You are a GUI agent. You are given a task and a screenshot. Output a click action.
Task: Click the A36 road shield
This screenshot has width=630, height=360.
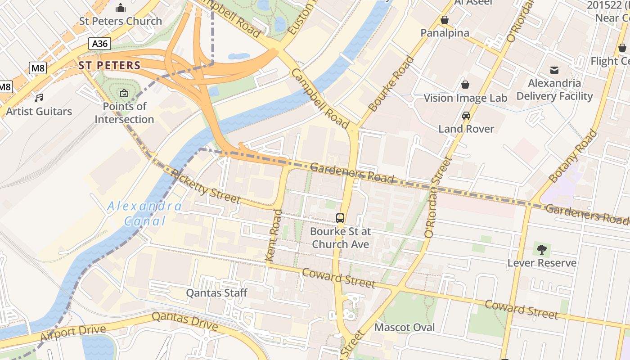[99, 44]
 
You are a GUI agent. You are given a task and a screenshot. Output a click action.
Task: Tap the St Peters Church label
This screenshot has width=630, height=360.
[121, 21]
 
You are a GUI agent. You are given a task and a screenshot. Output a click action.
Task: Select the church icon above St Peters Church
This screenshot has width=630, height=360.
[121, 8]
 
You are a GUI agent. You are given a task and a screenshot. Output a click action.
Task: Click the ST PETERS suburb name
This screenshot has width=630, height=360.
[109, 65]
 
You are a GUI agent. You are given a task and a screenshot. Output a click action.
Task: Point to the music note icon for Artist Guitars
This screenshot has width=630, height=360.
[39, 98]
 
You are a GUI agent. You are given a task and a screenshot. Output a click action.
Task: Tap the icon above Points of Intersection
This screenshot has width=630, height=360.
[124, 93]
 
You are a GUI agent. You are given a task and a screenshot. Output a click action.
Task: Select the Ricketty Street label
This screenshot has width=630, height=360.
[206, 186]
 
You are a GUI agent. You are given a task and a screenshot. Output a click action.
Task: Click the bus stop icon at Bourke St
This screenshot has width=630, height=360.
[340, 218]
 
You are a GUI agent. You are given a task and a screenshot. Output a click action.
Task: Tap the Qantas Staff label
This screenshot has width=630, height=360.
[216, 293]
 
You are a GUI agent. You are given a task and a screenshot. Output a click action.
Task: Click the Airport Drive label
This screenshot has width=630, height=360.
[73, 333]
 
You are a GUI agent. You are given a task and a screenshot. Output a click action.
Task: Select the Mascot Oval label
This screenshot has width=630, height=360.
[405, 327]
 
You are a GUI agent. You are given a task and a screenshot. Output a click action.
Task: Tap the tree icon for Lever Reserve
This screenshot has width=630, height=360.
[542, 249]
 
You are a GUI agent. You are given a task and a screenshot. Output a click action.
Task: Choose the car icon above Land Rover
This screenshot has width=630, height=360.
[466, 116]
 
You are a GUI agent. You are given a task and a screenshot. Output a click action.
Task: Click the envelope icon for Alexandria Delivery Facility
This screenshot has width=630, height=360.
[554, 70]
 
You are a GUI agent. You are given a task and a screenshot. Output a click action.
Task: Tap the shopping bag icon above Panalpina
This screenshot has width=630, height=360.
[445, 20]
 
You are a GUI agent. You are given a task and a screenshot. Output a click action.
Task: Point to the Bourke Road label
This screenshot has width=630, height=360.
[390, 84]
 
